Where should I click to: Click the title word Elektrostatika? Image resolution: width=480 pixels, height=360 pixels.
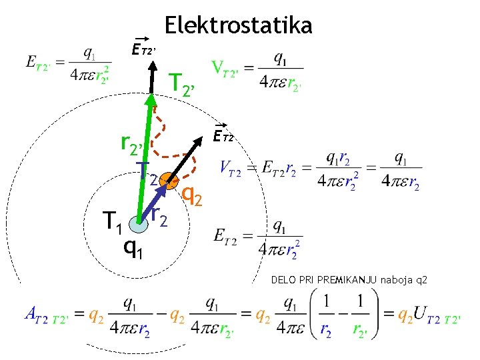click(x=238, y=25)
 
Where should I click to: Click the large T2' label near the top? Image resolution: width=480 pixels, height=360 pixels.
click(x=183, y=83)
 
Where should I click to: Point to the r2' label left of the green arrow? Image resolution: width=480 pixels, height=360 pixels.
click(x=133, y=142)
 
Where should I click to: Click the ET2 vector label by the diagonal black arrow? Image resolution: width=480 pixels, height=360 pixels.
click(x=223, y=136)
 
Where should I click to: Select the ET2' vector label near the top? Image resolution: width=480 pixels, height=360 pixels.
click(x=143, y=48)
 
